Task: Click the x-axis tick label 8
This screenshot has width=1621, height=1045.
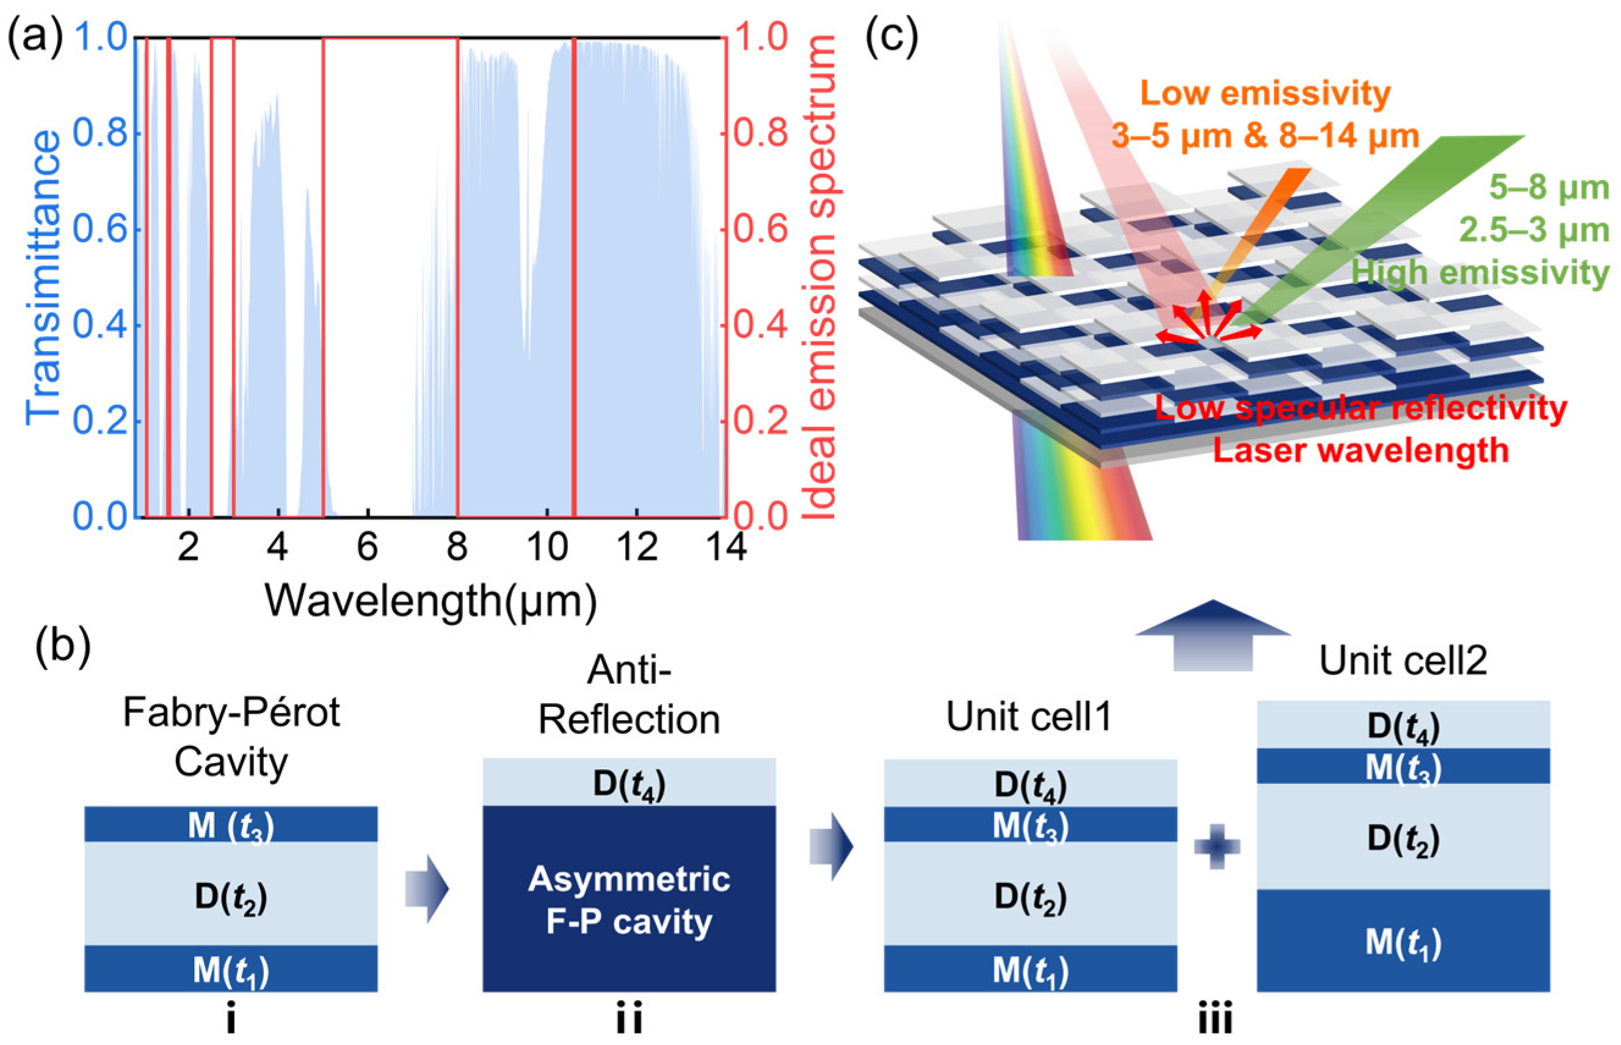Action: pos(457,546)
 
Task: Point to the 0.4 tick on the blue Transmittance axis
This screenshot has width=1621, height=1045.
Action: pos(100,326)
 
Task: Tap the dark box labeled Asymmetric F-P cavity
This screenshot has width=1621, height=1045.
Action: pos(629,899)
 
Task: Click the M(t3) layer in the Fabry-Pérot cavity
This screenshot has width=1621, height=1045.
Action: pos(231,825)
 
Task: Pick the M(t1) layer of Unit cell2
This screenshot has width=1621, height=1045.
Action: pos(1403,941)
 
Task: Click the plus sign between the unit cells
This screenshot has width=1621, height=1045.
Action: pos(1217,846)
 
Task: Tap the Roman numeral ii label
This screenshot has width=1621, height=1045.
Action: pos(629,1019)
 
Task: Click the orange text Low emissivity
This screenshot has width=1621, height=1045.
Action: pos(1266,93)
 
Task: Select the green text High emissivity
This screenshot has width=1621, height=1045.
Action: pos(1479,273)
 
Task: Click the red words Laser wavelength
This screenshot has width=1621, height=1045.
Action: pos(1360,450)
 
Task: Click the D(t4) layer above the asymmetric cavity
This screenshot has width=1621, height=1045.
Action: pos(629,783)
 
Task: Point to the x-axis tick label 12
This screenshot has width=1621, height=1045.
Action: pos(636,546)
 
